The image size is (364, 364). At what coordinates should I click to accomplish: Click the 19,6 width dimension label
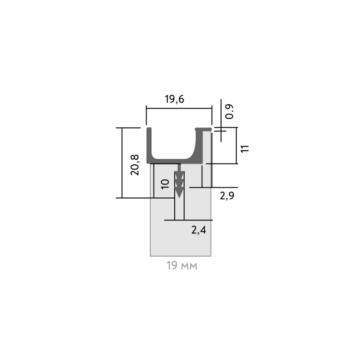pyautogui.click(x=175, y=99)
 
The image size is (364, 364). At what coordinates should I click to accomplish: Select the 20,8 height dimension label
pyautogui.click(x=135, y=165)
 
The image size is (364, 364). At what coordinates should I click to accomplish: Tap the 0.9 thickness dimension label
pyautogui.click(x=229, y=112)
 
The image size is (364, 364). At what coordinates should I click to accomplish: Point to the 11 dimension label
pyautogui.click(x=245, y=149)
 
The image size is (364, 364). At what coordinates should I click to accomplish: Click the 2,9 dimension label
pyautogui.click(x=227, y=196)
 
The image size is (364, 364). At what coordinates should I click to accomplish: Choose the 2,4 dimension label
pyautogui.click(x=199, y=230)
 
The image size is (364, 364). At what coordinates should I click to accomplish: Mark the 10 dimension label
pyautogui.click(x=165, y=184)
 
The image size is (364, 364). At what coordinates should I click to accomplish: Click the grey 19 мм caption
pyautogui.click(x=182, y=266)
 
